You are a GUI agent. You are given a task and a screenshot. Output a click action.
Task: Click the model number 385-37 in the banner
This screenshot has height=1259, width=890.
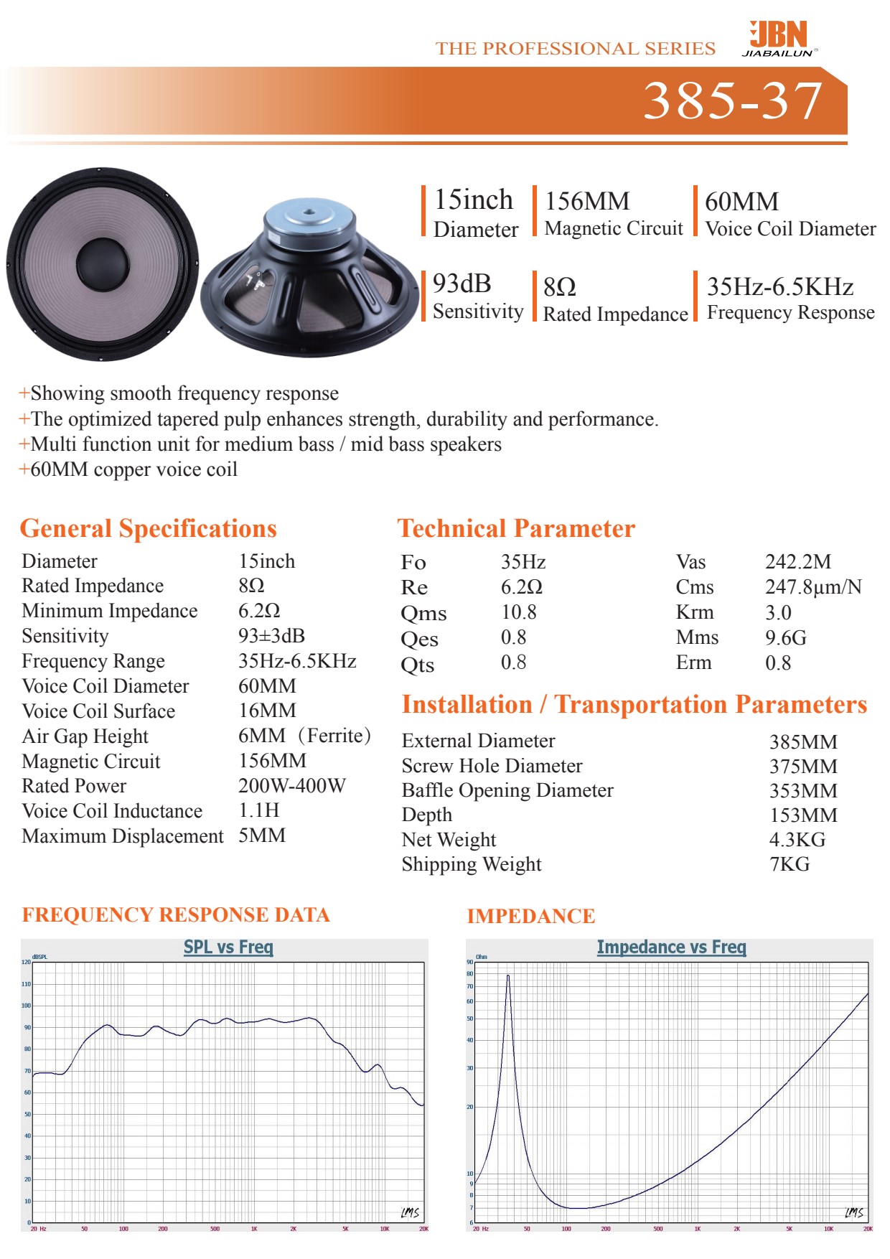click(x=732, y=100)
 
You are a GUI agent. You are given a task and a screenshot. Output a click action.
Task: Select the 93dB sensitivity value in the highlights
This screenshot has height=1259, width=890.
click(x=462, y=284)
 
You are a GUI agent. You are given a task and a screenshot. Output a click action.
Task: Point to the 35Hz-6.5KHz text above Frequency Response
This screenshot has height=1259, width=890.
click(x=780, y=287)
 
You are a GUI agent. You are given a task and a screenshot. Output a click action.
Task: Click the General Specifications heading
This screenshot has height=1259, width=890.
click(x=148, y=529)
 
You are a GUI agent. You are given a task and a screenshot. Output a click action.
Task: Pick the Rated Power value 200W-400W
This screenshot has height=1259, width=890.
click(x=291, y=786)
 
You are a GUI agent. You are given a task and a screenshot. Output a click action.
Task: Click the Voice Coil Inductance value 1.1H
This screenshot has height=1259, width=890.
click(x=258, y=811)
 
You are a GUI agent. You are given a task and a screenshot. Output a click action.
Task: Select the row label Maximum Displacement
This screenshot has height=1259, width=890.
click(x=123, y=836)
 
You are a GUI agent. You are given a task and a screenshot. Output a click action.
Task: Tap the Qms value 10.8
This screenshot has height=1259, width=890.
click(x=518, y=612)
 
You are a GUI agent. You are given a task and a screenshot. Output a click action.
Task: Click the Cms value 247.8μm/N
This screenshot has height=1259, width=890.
click(x=812, y=587)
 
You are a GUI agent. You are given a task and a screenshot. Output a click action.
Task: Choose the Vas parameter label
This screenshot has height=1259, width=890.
click(x=690, y=562)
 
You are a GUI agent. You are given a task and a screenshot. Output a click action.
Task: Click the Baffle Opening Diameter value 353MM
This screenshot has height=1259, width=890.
click(x=803, y=791)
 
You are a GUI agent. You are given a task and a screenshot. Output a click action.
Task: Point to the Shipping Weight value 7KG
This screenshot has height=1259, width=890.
click(x=790, y=864)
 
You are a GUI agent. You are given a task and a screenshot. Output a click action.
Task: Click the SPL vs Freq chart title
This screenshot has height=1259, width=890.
click(x=228, y=947)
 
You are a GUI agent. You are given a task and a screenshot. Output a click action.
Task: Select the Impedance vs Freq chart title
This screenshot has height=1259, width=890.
click(x=671, y=947)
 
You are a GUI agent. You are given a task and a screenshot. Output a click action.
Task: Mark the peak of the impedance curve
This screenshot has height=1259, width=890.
click(x=508, y=975)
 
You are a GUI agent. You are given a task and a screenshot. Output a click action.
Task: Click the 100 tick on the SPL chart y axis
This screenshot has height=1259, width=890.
click(x=27, y=1006)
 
